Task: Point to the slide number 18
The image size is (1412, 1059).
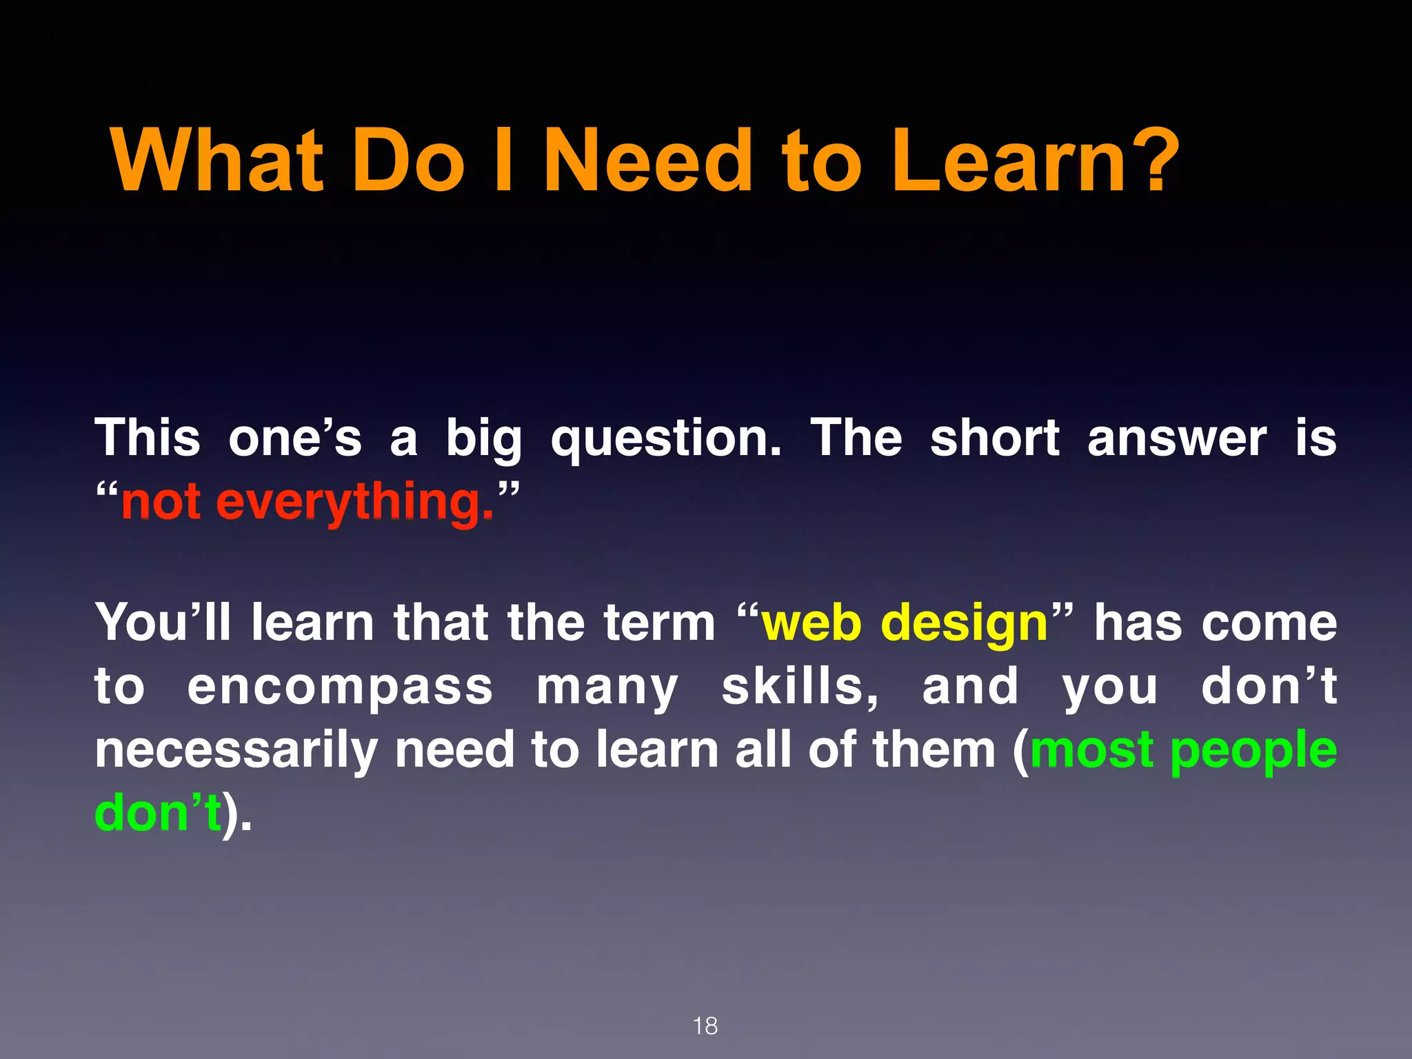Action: tap(705, 1026)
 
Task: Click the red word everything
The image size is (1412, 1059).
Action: tap(355, 503)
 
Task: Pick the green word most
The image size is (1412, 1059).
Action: tap(1091, 750)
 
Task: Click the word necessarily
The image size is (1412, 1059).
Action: tap(236, 752)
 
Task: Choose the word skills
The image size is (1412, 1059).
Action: tap(800, 687)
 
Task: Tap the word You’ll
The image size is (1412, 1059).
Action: tap(163, 623)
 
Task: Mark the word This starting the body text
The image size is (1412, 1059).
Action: tap(148, 438)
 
